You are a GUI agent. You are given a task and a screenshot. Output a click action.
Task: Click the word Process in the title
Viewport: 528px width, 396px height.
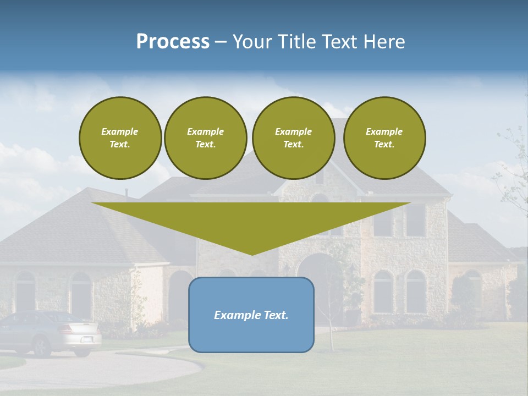pos(173,42)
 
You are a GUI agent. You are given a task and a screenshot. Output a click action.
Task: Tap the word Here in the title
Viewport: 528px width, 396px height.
pos(383,42)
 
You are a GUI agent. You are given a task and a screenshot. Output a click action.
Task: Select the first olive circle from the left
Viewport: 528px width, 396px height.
pos(120,138)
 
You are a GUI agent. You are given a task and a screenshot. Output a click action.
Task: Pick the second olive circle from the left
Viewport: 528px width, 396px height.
pos(205,138)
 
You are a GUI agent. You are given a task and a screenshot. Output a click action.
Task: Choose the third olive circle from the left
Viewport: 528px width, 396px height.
pos(293,138)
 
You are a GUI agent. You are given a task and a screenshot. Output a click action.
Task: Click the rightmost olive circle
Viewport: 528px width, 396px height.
pos(384,138)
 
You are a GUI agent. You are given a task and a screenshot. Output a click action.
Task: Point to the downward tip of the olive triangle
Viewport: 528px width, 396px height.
pos(252,254)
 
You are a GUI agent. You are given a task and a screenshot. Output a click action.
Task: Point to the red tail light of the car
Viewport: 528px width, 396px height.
pos(66,329)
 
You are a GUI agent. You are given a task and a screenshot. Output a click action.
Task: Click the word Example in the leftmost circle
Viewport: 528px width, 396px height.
pos(120,131)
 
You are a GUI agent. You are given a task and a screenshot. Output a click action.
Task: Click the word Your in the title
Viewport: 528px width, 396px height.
pos(251,42)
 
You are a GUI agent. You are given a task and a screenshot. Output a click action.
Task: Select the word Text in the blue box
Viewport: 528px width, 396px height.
pos(275,315)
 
